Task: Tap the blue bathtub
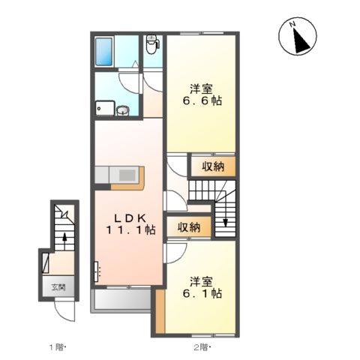tap(106, 50)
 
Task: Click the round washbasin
tap(122, 109)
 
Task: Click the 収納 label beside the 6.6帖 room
tap(212, 166)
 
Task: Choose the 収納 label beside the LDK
tap(189, 226)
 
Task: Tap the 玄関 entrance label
tap(58, 286)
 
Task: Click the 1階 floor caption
tap(58, 346)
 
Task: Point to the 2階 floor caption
tap(200, 346)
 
